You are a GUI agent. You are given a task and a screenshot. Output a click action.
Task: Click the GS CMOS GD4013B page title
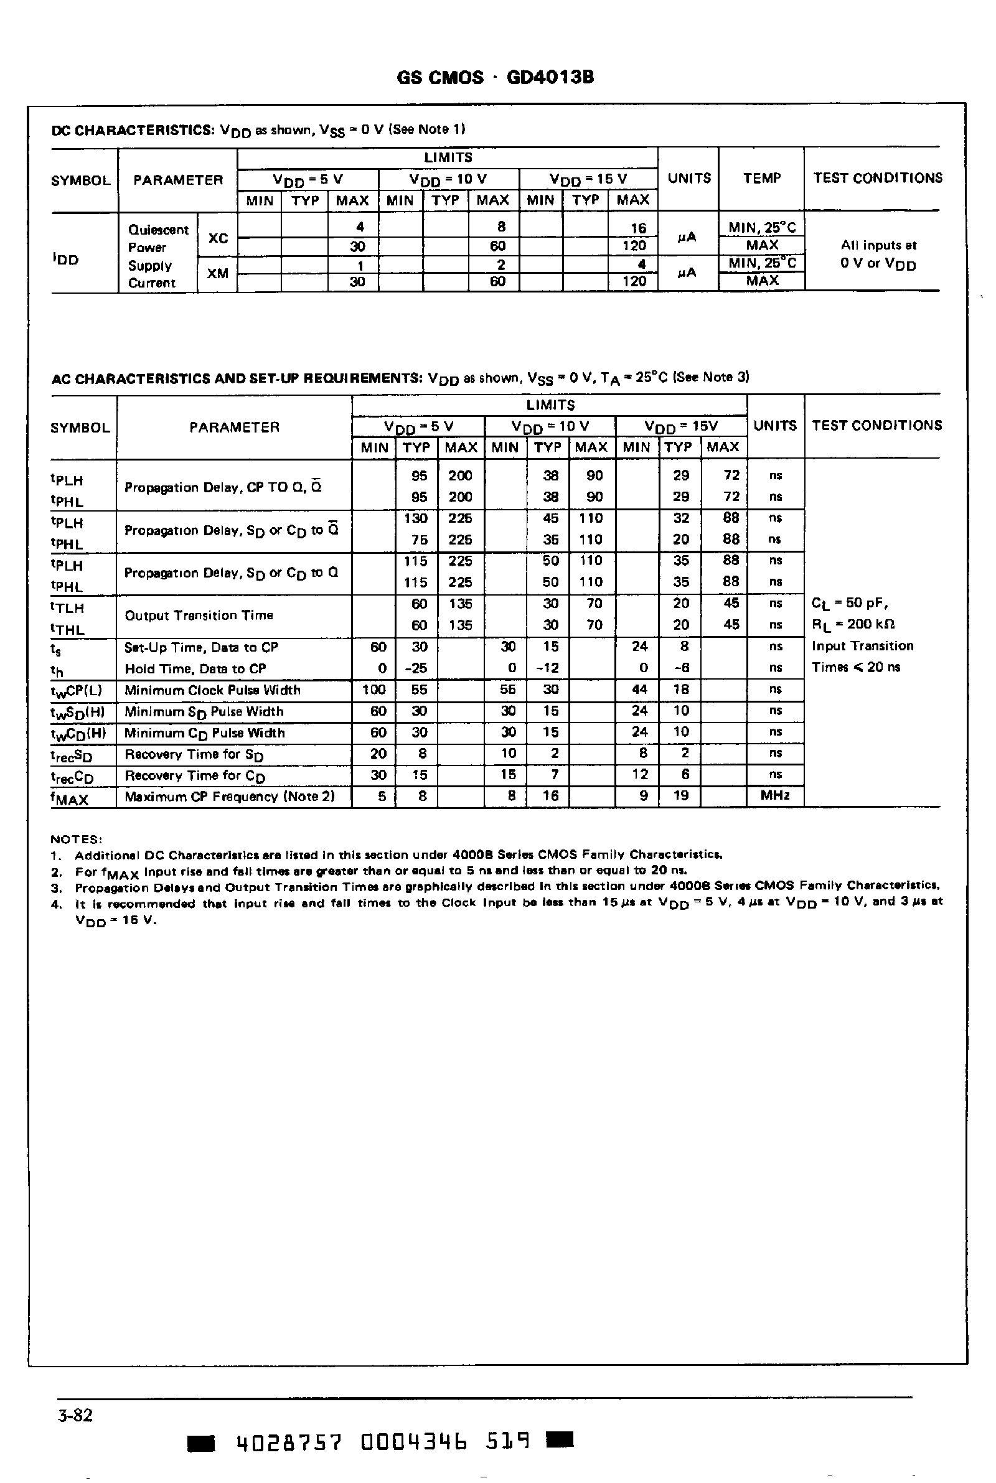point(495,77)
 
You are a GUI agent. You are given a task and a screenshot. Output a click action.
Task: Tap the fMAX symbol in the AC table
point(70,798)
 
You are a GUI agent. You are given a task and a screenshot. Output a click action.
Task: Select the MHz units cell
point(774,796)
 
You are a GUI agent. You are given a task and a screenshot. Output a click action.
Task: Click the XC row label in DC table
point(218,239)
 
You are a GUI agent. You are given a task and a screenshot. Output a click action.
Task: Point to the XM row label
point(218,274)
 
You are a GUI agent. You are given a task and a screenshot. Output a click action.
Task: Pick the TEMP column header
point(761,179)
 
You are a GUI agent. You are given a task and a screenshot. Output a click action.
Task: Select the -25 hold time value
point(416,668)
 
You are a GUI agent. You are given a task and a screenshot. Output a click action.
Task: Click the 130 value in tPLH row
point(416,518)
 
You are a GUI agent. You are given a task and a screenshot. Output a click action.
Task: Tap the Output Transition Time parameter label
point(199,615)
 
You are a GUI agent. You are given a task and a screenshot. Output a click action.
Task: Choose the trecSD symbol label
point(71,756)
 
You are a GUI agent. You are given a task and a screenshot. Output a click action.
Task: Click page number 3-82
point(75,1416)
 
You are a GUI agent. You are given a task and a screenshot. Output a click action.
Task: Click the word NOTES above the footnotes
point(75,840)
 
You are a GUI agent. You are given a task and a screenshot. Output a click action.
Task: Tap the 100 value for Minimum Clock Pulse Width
point(374,690)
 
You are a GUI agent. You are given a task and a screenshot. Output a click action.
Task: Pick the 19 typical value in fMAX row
point(680,796)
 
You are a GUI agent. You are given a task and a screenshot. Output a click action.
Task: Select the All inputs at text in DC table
point(878,245)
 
